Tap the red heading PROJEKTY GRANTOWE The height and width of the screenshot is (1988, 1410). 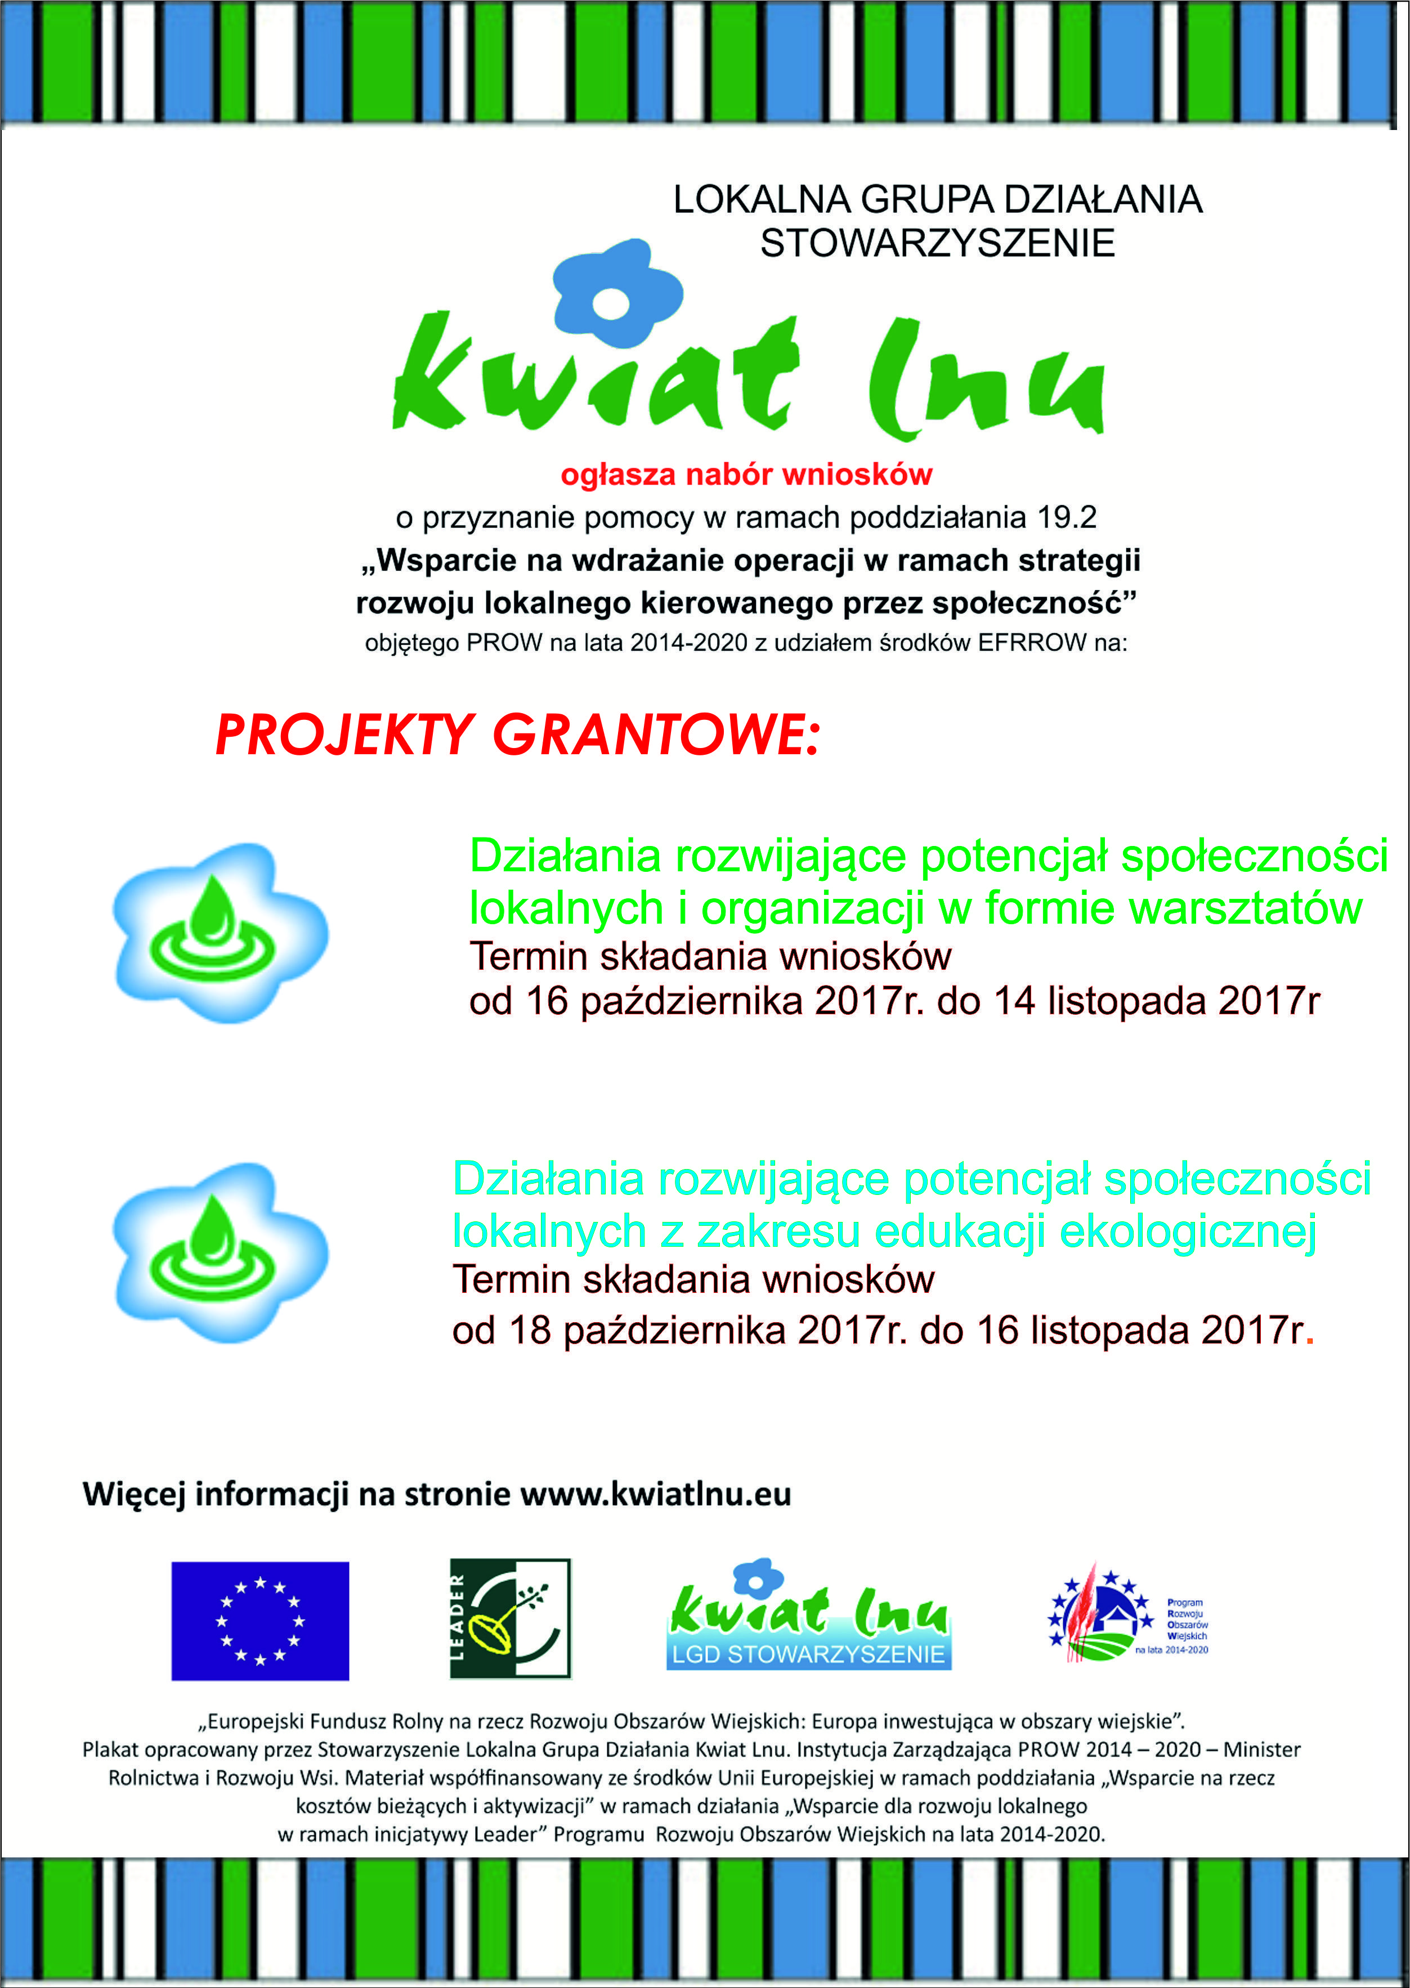517,735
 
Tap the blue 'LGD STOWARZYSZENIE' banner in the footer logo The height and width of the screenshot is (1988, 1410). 808,1654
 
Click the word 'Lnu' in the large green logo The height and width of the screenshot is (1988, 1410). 986,382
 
